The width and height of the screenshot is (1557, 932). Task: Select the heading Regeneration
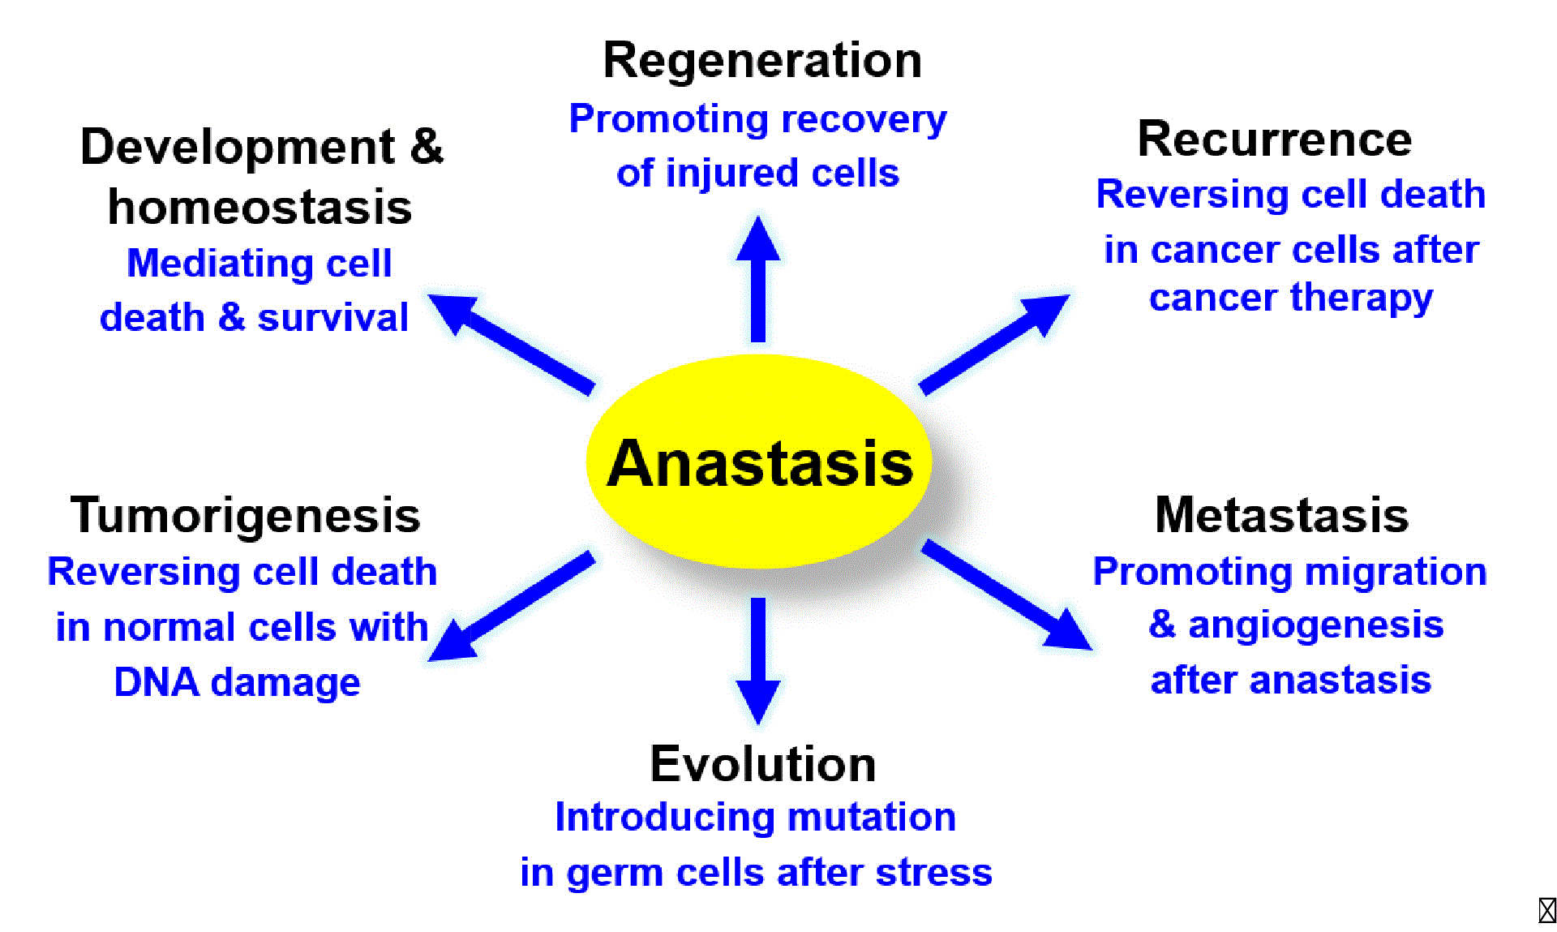pyautogui.click(x=762, y=61)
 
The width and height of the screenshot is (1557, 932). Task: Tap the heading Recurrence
pyautogui.click(x=1274, y=140)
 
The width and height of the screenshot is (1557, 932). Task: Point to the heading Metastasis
pyautogui.click(x=1281, y=515)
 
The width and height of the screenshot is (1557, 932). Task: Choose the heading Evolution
pyautogui.click(x=762, y=764)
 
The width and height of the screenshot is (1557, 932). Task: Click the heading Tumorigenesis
pyautogui.click(x=245, y=515)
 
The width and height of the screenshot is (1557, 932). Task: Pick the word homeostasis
pyautogui.click(x=259, y=207)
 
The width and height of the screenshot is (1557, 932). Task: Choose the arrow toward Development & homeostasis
pyautogui.click(x=511, y=344)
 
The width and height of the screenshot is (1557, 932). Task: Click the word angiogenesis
pyautogui.click(x=1315, y=625)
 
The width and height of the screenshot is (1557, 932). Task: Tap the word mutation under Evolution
pyautogui.click(x=871, y=817)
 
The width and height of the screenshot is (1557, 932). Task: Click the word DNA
pyautogui.click(x=157, y=682)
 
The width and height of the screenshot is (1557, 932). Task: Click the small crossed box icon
pyautogui.click(x=1546, y=910)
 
